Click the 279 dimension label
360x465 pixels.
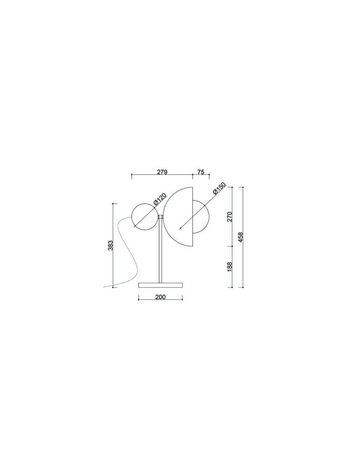click(x=162, y=172)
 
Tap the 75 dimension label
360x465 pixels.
click(x=201, y=172)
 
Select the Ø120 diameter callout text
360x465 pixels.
click(x=160, y=199)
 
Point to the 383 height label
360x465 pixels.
click(x=110, y=245)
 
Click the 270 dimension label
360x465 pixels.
click(x=229, y=217)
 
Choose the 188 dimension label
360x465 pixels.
click(x=229, y=266)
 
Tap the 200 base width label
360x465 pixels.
click(x=160, y=297)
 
